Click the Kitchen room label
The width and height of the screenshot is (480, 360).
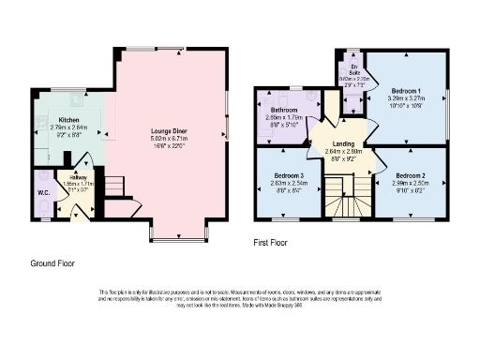click(x=68, y=120)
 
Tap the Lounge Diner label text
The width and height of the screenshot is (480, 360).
click(x=170, y=130)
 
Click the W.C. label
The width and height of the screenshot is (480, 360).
click(x=44, y=194)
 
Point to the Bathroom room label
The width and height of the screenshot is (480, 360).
click(x=284, y=110)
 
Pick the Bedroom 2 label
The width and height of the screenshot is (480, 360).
click(x=410, y=175)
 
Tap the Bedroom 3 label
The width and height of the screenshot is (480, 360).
click(x=289, y=175)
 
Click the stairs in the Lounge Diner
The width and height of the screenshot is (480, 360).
click(x=112, y=188)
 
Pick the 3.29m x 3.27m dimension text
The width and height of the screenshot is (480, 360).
click(x=406, y=98)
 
